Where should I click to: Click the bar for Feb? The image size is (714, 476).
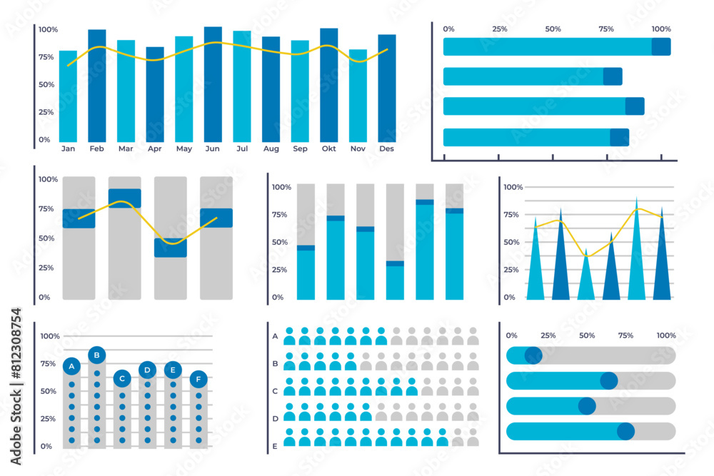[x=97, y=86]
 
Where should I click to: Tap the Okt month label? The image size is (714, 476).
[x=328, y=149]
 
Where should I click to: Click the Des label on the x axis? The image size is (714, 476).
[x=386, y=149]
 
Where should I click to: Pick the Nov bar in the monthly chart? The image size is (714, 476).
[x=358, y=96]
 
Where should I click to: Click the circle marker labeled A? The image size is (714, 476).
[x=71, y=366]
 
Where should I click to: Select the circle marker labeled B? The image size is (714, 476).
[x=97, y=355]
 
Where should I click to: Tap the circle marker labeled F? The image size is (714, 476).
[x=198, y=378]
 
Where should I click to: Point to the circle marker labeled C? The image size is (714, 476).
[x=122, y=378]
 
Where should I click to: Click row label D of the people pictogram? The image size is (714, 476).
[x=275, y=418]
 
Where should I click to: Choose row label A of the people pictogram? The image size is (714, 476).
[x=275, y=335]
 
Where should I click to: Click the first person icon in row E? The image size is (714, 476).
[x=289, y=437]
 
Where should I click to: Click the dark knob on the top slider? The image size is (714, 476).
[x=533, y=355]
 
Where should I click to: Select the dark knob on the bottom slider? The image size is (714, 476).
[x=625, y=431]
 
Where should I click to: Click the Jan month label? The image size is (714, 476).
[x=68, y=149]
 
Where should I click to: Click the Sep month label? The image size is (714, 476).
[x=300, y=149]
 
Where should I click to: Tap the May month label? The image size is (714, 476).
[x=183, y=149]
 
